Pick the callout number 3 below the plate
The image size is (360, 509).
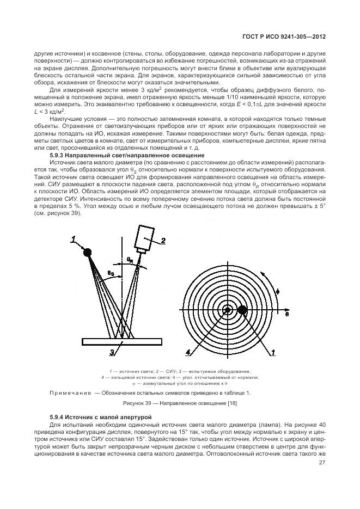point(112,353)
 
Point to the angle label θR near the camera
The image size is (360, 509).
point(130,260)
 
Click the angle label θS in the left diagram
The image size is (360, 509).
point(111,273)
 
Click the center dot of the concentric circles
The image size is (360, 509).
point(228,310)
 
